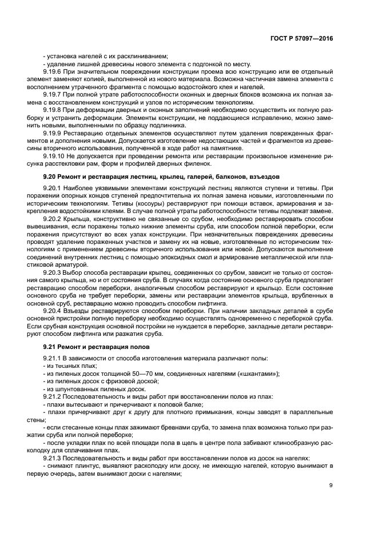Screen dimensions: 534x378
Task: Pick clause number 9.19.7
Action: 53,94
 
